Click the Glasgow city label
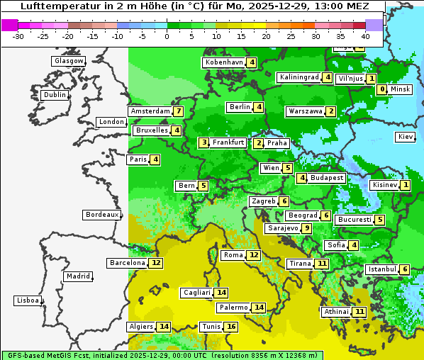point(68,61)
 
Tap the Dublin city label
point(54,95)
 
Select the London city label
point(111,122)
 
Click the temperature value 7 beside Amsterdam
point(179,111)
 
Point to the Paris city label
point(138,159)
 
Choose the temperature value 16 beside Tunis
point(231,327)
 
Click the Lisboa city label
point(27,300)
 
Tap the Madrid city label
point(77,276)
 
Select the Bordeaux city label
point(101,215)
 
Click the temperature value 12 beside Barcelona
point(156,263)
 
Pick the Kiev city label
point(406,137)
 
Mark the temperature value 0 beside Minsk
point(382,89)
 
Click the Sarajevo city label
point(282,228)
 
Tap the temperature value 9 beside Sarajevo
point(306,228)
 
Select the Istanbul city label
point(382,269)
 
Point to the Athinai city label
point(336,312)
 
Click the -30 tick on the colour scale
point(18,35)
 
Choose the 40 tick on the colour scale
point(365,35)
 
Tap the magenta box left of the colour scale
point(9,24)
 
